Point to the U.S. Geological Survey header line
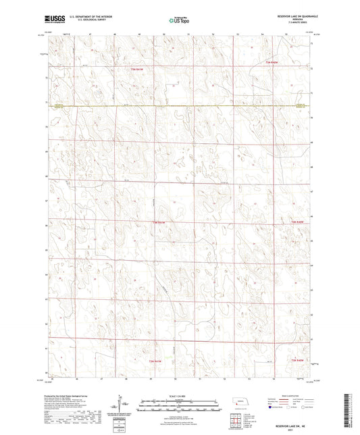click(x=85, y=20)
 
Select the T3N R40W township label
click(x=272, y=62)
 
